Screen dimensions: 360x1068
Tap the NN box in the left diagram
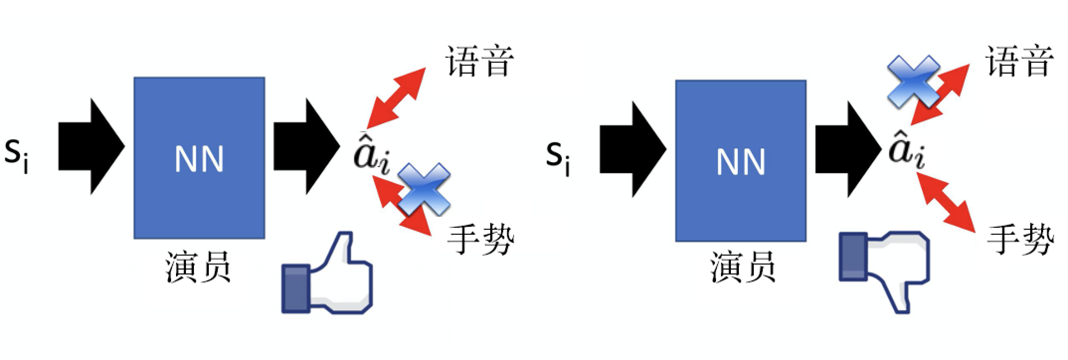click(199, 158)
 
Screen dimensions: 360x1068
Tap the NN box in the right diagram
click(740, 161)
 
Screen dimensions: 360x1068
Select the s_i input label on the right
click(558, 157)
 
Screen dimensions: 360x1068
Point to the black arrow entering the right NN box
click(632, 150)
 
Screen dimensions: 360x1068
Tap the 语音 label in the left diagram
click(478, 62)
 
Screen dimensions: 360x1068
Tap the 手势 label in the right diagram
click(1019, 240)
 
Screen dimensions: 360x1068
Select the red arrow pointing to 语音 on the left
click(396, 97)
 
